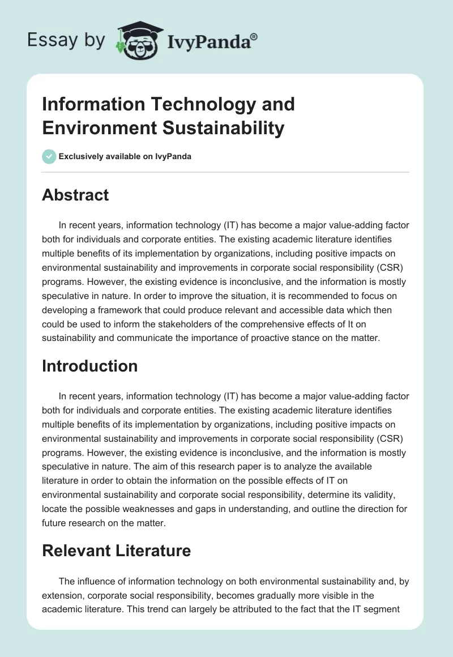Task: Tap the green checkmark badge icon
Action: coord(49,156)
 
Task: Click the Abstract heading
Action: coord(75,195)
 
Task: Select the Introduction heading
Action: coord(89,366)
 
